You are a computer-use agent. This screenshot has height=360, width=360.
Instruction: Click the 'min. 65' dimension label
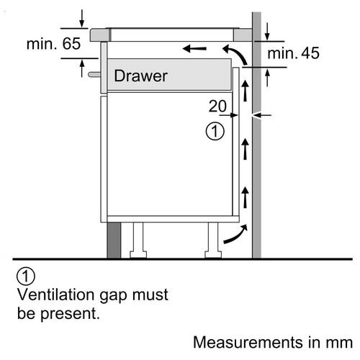pos(53,44)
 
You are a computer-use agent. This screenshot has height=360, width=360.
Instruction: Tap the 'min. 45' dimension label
pos(293,53)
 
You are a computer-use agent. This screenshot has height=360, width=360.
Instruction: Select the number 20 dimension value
pos(217,106)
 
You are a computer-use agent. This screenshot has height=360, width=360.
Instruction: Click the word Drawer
pos(140,76)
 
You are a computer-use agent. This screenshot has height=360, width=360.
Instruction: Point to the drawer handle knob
pos(94,74)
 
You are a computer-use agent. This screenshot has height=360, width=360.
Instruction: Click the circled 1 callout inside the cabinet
pos(215,131)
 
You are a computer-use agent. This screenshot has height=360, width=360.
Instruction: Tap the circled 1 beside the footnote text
pos(26,276)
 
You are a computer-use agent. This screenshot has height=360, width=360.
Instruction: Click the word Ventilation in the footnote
pos(55,294)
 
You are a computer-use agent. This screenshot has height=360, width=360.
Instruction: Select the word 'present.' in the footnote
pos(70,314)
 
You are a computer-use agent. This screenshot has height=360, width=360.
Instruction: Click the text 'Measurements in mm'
pos(273,342)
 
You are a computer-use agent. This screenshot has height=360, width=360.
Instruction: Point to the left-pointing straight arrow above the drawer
pos(194,49)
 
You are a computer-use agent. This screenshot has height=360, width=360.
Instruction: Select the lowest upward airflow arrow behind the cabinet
pos(245,197)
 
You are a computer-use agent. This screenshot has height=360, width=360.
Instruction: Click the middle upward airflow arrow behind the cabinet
pos(245,149)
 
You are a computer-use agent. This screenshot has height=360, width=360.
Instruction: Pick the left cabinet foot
pos(138,240)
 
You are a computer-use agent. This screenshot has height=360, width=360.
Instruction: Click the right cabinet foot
pos(213,240)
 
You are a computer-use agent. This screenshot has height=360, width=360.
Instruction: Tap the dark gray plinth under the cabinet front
pos(114,240)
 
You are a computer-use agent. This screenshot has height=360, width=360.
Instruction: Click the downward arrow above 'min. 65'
pos(82,19)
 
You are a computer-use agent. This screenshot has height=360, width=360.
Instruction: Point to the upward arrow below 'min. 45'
pos(268,78)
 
